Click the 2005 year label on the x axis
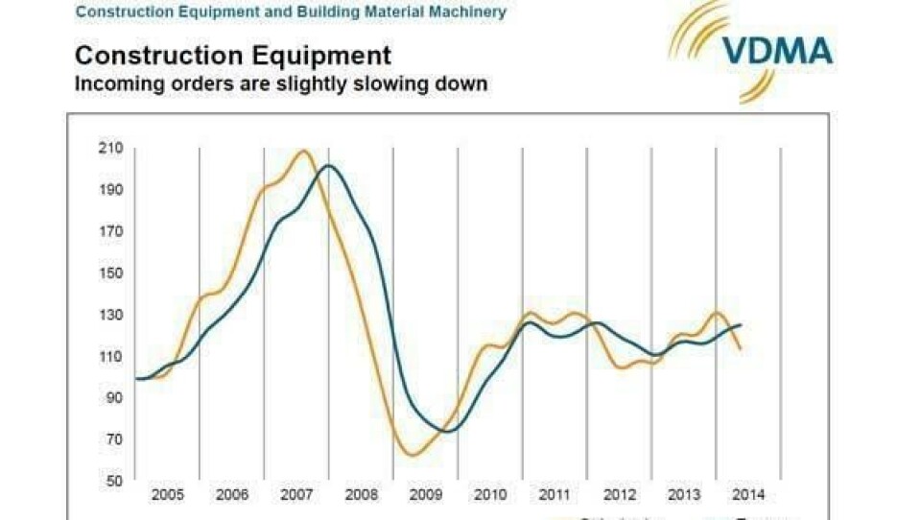[167, 495]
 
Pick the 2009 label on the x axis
[425, 495]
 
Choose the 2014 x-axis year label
[748, 495]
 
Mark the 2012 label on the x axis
[619, 495]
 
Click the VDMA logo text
[778, 50]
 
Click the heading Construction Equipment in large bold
[233, 55]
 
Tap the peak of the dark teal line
[328, 166]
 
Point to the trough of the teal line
[448, 431]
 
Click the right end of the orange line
[740, 348]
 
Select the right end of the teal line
[741, 324]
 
